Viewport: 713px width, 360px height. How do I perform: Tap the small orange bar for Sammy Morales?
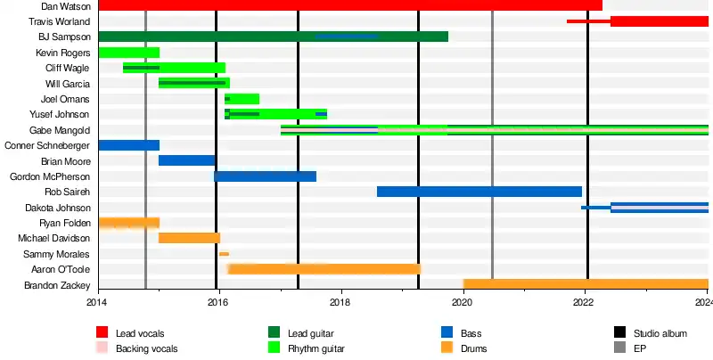(x=224, y=254)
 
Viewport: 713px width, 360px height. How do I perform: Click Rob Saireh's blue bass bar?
(x=479, y=192)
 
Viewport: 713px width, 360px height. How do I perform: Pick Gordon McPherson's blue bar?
(x=265, y=176)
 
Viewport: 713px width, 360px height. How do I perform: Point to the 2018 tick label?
(x=340, y=303)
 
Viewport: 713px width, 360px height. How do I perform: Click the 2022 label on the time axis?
(x=584, y=303)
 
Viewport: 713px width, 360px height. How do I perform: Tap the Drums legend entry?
(x=473, y=348)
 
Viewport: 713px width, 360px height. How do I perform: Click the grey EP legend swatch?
(x=620, y=348)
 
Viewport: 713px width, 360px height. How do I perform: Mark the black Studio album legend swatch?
(x=620, y=333)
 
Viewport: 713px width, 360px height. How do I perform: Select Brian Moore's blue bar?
(x=187, y=160)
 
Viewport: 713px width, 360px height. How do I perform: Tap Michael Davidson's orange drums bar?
(x=189, y=238)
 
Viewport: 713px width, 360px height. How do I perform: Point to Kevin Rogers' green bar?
(x=128, y=53)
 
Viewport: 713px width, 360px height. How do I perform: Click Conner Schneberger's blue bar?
(x=128, y=145)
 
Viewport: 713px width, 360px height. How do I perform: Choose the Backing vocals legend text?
(x=146, y=348)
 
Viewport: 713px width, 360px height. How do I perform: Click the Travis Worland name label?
(x=59, y=21)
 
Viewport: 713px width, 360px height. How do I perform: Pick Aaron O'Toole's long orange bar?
(x=324, y=269)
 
